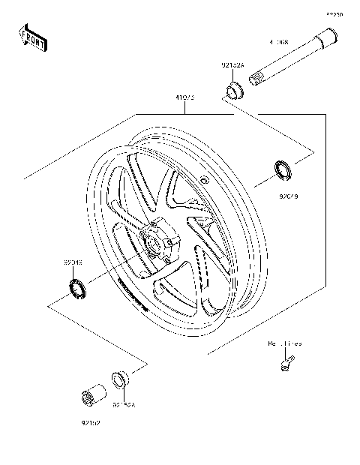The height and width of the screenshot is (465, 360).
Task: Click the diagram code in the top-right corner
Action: [x=334, y=13]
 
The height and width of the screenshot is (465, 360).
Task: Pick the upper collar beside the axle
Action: [x=234, y=92]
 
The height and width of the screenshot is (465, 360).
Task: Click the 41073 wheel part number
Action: [x=185, y=96]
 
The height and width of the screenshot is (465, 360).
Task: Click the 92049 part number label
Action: [x=73, y=263]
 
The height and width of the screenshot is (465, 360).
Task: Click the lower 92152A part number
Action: [x=124, y=404]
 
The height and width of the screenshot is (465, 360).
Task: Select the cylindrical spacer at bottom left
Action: [x=93, y=395]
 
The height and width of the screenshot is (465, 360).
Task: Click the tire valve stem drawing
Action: [x=284, y=365]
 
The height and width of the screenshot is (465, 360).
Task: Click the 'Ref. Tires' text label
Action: [x=285, y=343]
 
